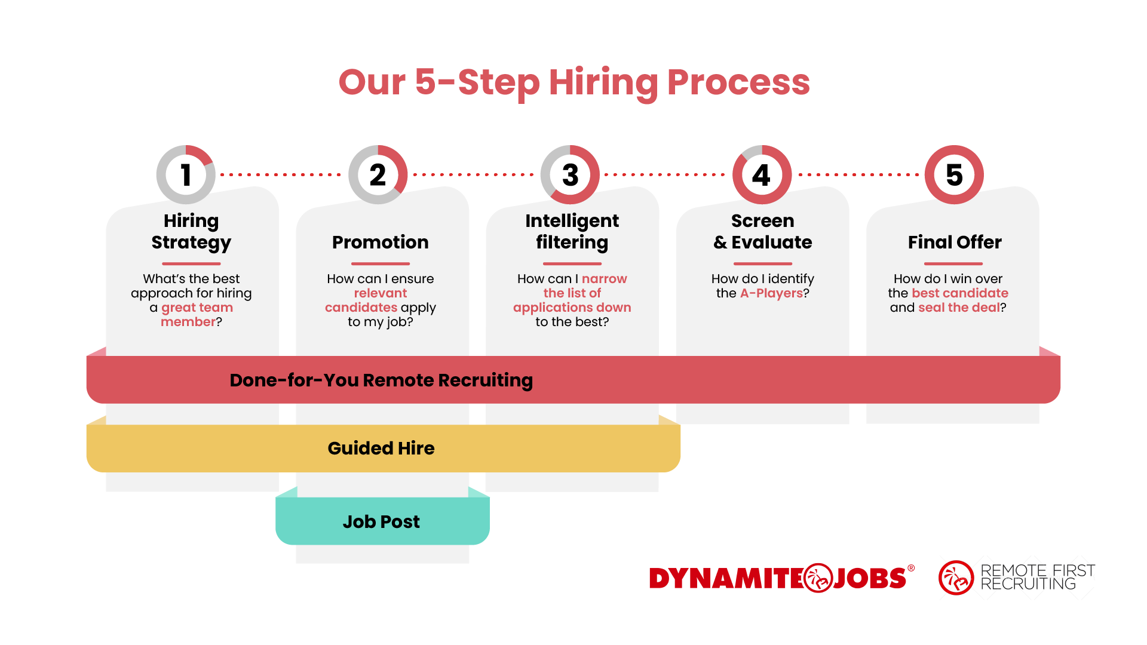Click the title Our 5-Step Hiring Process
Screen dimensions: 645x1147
(573, 82)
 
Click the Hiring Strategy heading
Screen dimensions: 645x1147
(191, 231)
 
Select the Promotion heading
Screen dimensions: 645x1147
(381, 242)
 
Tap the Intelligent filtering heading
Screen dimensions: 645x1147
(572, 231)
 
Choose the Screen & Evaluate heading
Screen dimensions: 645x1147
(763, 231)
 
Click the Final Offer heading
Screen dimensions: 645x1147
(955, 242)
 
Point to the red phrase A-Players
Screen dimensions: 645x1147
(771, 293)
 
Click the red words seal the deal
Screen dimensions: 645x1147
(958, 308)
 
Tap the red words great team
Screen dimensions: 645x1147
(197, 308)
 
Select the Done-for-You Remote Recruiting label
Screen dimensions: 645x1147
(381, 380)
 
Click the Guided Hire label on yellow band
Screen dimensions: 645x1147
(381, 448)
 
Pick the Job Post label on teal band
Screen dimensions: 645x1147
(381, 521)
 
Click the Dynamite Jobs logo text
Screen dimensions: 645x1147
(777, 578)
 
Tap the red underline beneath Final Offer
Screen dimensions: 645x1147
(953, 263)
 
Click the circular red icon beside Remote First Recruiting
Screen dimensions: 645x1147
(956, 578)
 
